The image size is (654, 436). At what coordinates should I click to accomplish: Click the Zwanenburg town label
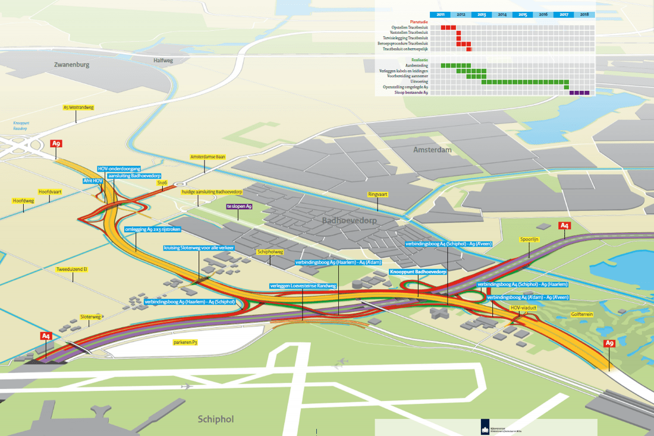tap(71, 64)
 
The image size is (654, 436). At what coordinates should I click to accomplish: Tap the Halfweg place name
tap(163, 60)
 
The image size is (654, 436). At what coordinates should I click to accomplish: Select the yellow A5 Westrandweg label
tap(78, 108)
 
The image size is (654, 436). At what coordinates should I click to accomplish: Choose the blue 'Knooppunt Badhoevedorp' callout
tap(417, 271)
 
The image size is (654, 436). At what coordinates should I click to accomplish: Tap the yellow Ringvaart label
tap(378, 194)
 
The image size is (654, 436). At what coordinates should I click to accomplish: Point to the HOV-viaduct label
tap(523, 308)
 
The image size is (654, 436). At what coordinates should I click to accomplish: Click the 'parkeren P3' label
tap(185, 343)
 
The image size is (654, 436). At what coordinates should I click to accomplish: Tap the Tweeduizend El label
tap(72, 269)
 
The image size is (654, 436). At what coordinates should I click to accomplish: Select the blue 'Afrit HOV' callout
tap(93, 180)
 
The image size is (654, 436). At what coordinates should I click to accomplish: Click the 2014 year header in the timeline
tap(502, 14)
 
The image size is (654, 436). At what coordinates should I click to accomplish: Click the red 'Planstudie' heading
tap(419, 21)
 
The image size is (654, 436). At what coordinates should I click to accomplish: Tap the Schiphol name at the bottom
tap(215, 419)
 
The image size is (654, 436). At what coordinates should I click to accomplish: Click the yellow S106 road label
tap(162, 184)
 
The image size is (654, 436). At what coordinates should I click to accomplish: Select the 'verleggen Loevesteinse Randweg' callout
tap(303, 286)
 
